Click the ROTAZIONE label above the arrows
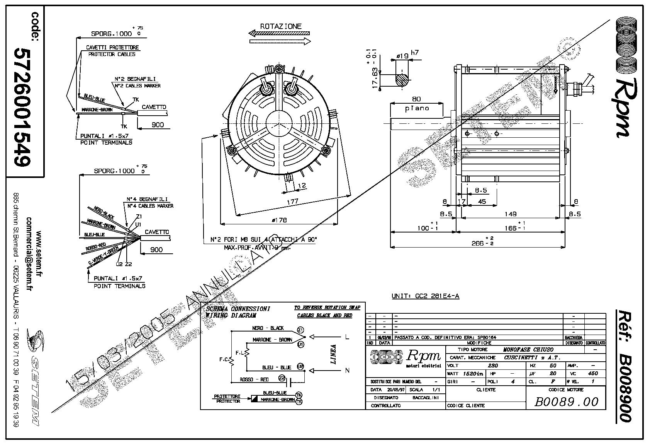280,26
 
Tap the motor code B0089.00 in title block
566,402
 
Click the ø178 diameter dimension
279,220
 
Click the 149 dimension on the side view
511,214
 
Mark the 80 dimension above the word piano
416,99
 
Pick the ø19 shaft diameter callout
402,56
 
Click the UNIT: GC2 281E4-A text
425,296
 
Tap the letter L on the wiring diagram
347,337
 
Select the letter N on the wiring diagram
347,370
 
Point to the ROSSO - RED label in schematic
254,379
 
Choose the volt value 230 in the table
493,366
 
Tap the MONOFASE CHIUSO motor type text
528,349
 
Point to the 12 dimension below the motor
302,186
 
